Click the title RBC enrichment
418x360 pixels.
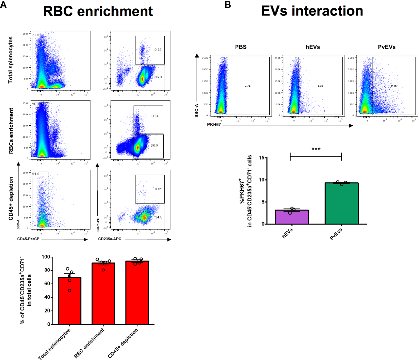[98, 11]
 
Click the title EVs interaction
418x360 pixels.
[312, 11]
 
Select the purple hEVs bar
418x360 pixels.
[292, 217]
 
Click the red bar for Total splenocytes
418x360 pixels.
[70, 301]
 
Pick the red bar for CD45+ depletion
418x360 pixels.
[137, 293]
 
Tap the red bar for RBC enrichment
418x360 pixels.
[103, 294]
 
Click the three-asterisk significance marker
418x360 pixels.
[316, 149]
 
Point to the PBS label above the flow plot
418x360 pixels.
[241, 47]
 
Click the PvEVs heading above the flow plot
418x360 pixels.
[387, 47]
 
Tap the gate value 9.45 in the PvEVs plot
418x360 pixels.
[394, 86]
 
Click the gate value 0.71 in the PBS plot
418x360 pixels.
[247, 86]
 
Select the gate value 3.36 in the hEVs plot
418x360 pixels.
[320, 86]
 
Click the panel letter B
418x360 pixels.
[227, 5]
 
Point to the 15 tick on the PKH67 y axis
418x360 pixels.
[261, 158]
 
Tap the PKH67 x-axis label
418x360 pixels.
[214, 125]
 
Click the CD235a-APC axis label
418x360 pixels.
[110, 239]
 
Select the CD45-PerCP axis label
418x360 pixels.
[28, 239]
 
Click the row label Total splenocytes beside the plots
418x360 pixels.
[11, 60]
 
